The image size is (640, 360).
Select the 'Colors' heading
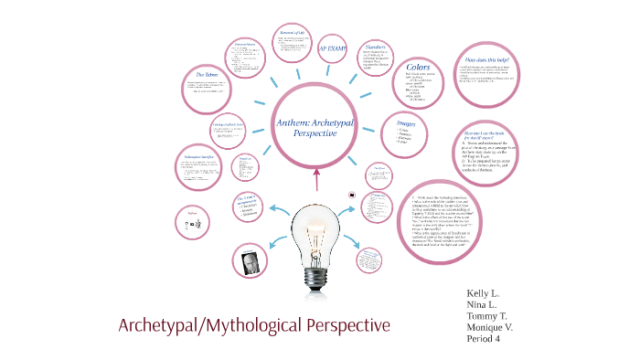(418, 67)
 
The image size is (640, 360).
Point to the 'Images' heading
(408, 122)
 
